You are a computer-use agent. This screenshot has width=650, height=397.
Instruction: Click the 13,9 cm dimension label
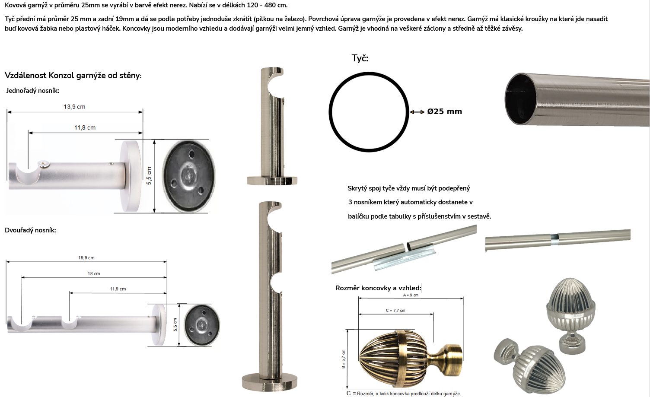click(x=75, y=107)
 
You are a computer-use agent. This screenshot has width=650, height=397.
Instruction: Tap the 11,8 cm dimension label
click(x=85, y=127)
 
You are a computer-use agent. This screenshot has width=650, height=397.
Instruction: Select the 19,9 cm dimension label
click(x=86, y=258)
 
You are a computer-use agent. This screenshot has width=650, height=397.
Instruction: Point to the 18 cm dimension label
click(x=94, y=273)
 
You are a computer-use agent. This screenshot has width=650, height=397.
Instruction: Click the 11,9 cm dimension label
click(x=118, y=289)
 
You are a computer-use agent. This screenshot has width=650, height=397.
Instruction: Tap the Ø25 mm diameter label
click(x=444, y=111)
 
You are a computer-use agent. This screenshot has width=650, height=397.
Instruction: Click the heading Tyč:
click(x=360, y=58)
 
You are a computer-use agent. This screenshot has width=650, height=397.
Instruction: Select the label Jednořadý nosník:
click(x=32, y=91)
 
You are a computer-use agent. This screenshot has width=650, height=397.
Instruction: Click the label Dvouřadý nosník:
click(x=30, y=230)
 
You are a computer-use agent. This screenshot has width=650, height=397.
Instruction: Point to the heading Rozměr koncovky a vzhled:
click(x=378, y=288)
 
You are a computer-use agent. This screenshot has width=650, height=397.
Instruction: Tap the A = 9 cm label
click(x=411, y=295)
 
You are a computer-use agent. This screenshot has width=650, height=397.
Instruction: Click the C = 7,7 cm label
click(x=395, y=311)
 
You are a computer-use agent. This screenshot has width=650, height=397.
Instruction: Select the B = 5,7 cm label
click(x=344, y=359)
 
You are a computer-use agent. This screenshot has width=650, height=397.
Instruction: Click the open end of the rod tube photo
click(x=521, y=98)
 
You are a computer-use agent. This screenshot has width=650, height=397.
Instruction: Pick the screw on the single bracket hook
click(x=45, y=165)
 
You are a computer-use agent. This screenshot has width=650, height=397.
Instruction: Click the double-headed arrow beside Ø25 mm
click(x=417, y=112)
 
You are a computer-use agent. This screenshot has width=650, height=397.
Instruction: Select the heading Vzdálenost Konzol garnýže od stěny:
click(x=73, y=76)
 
